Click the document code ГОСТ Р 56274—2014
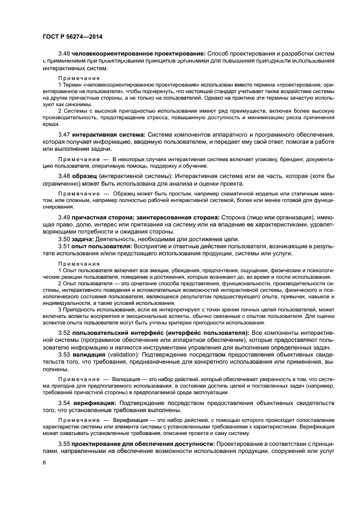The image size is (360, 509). click(x=72, y=37)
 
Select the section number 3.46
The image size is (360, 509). click(x=64, y=53)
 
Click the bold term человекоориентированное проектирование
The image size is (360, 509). click(x=138, y=53)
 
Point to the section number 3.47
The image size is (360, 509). click(x=64, y=134)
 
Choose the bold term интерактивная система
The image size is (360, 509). click(x=108, y=134)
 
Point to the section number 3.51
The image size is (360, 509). click(x=64, y=247)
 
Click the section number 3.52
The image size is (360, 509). click(x=64, y=332)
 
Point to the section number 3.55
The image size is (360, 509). click(x=64, y=444)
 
